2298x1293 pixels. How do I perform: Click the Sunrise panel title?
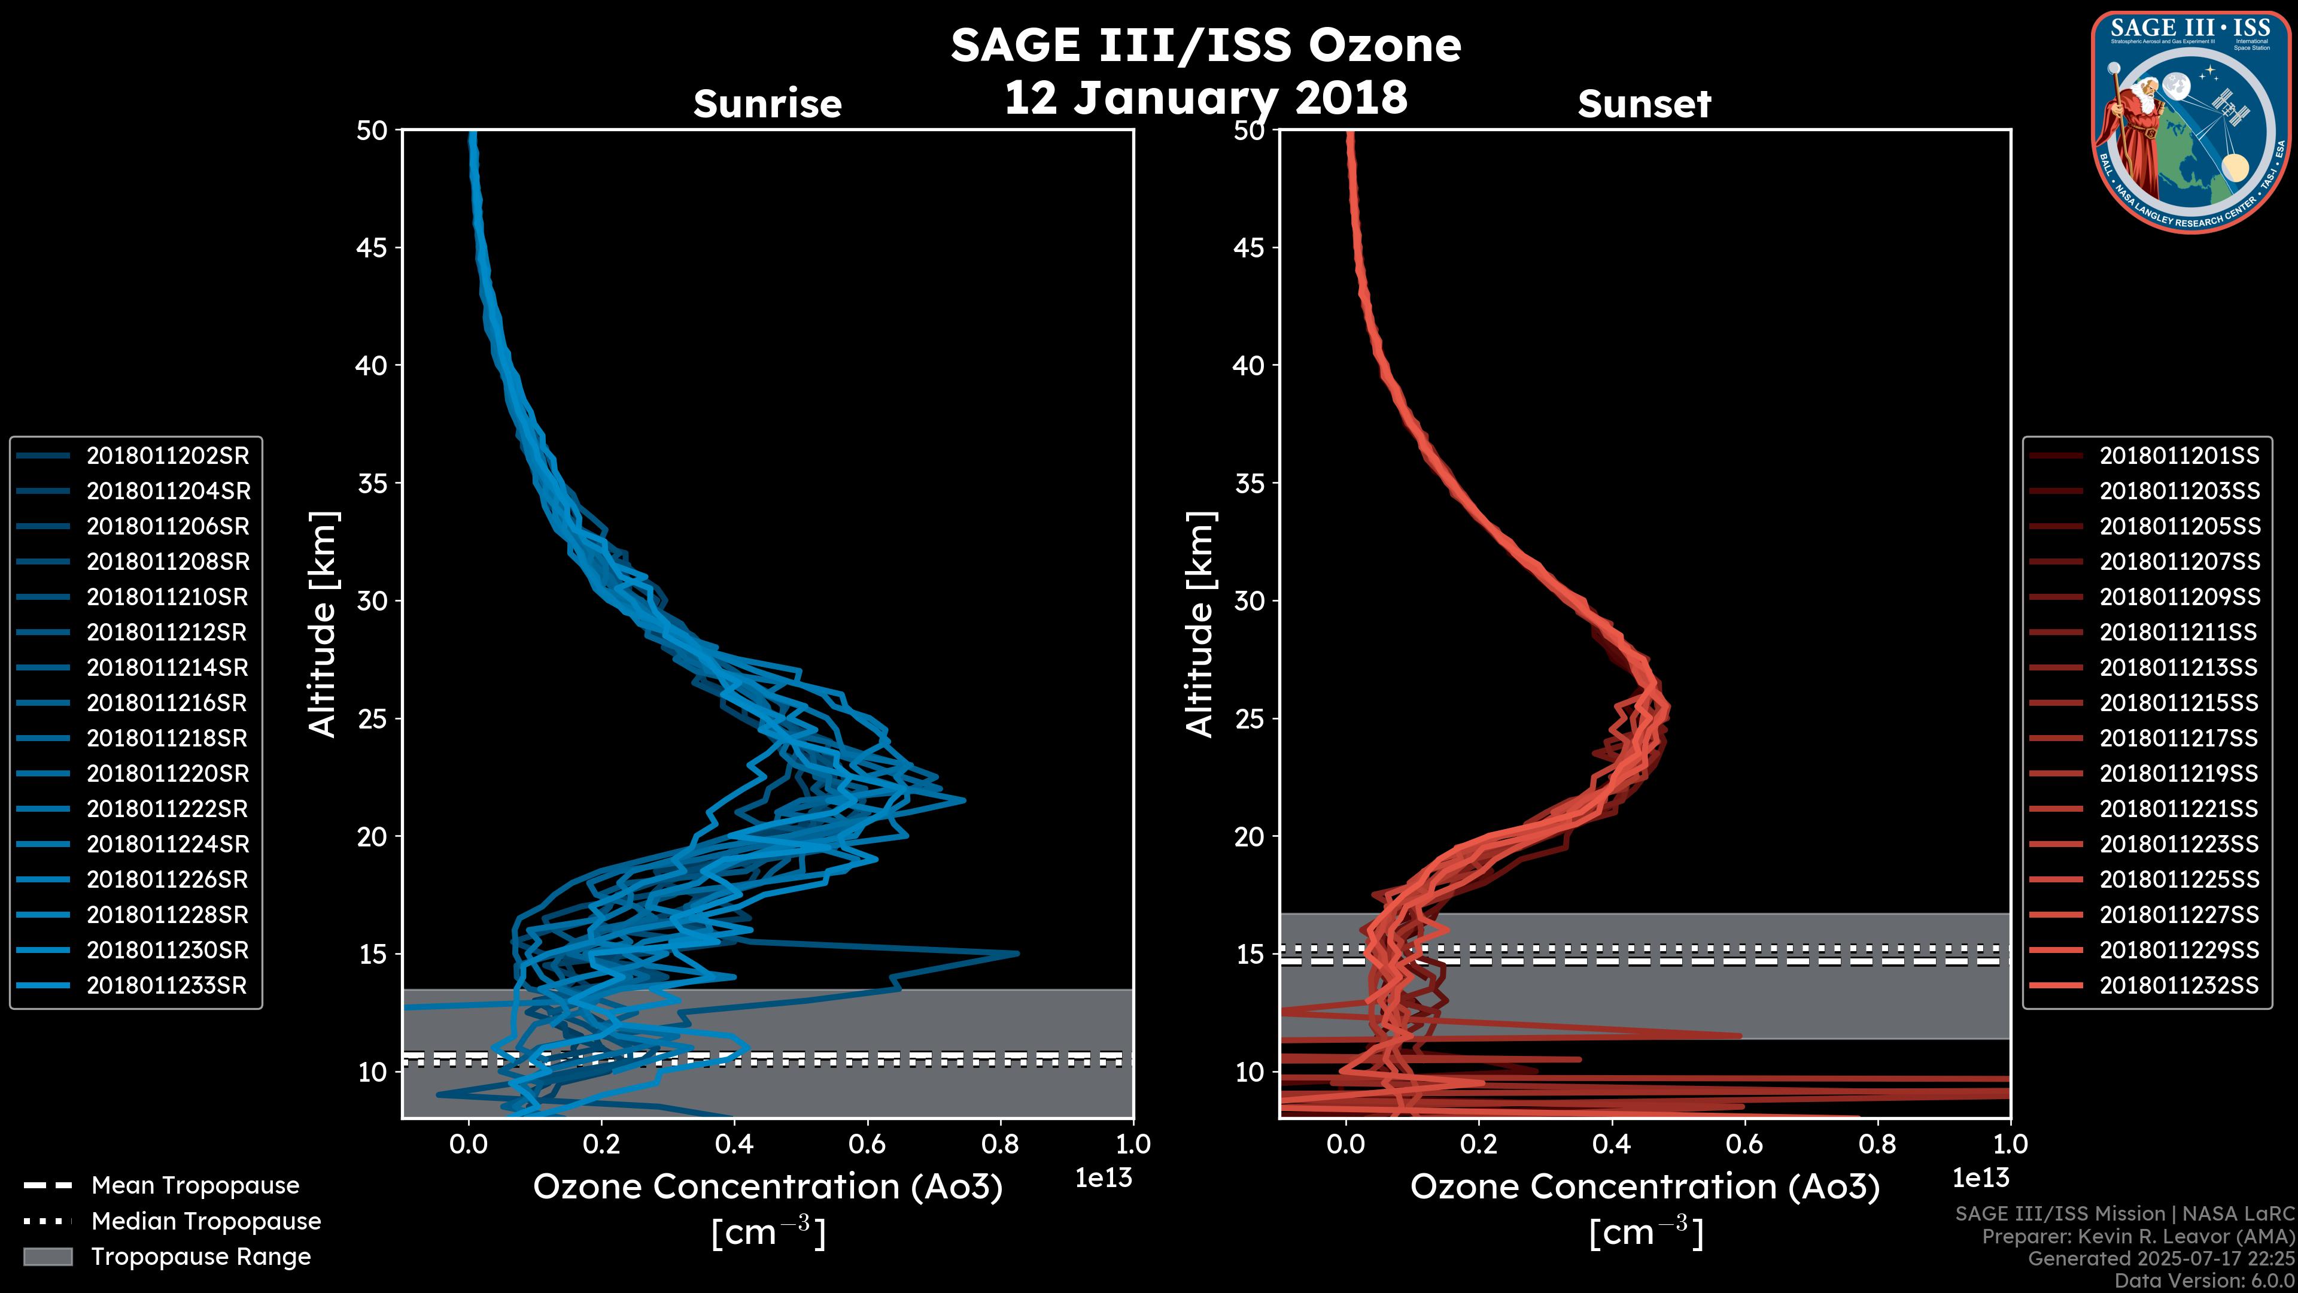pos(767,104)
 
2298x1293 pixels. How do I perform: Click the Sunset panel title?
pos(1644,104)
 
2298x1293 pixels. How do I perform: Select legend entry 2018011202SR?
pos(168,456)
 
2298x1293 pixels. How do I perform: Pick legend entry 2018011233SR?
pos(167,986)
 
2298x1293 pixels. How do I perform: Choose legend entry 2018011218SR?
pos(167,738)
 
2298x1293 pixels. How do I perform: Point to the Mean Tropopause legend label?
pos(194,1186)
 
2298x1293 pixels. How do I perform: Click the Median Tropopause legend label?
pos(206,1222)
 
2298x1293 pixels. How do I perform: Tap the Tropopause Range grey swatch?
pos(48,1256)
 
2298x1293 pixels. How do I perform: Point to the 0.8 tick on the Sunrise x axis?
pos(1000,1144)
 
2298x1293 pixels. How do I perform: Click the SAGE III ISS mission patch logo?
pos(2191,122)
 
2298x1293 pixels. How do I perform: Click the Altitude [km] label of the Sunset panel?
pos(1200,624)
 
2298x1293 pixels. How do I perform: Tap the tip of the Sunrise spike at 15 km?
pos(1017,953)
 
